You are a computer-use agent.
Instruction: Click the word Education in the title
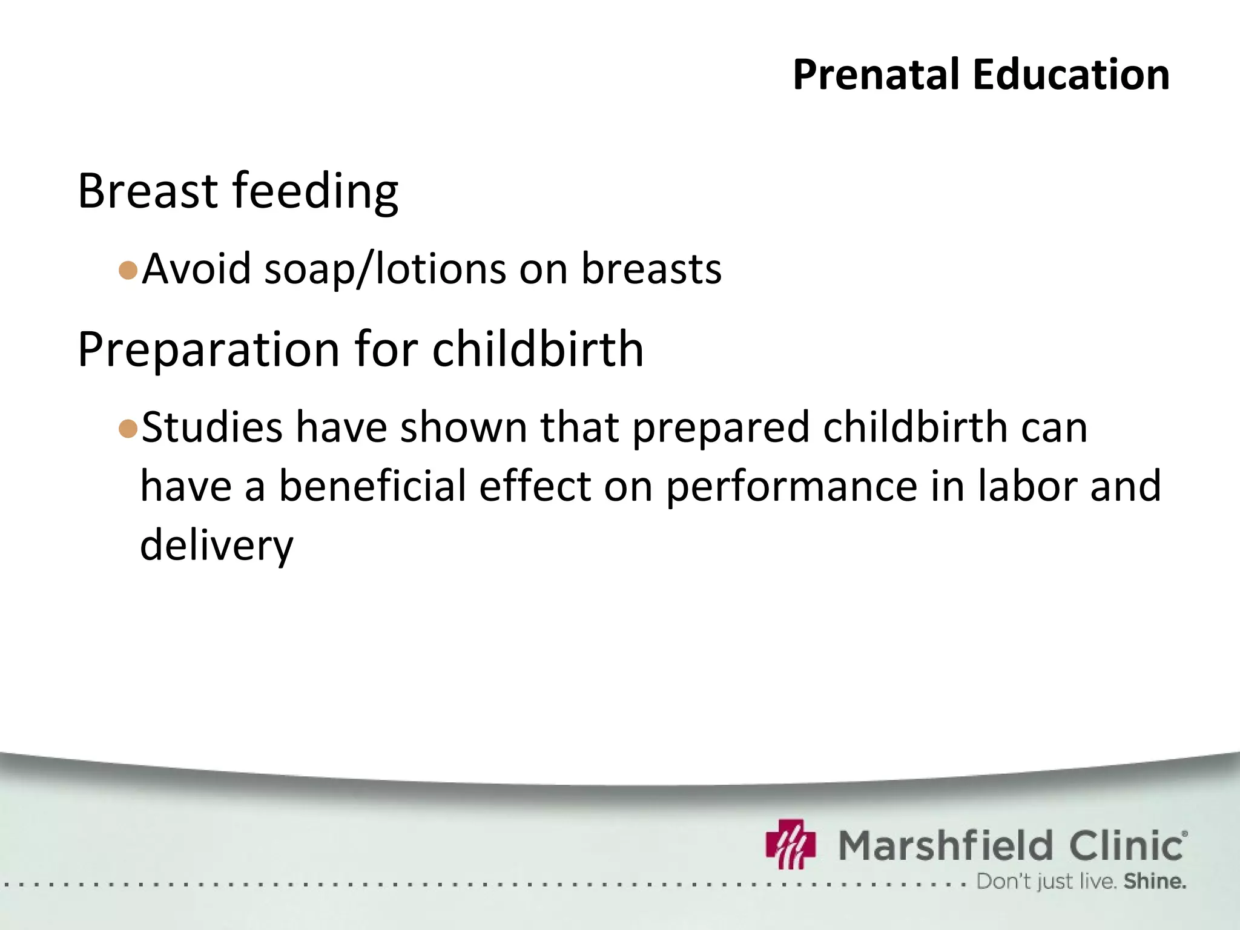[x=1070, y=74]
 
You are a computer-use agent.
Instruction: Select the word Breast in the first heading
[x=148, y=191]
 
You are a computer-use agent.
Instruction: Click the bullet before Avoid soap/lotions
[x=128, y=270]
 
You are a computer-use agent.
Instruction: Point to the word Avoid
[x=197, y=268]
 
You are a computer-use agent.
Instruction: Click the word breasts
[x=651, y=268]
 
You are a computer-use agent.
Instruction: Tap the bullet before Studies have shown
[x=128, y=429]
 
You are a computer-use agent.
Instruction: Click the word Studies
[x=212, y=427]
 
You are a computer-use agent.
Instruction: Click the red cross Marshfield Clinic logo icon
[x=791, y=844]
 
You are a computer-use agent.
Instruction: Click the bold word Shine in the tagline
[x=1154, y=882]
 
